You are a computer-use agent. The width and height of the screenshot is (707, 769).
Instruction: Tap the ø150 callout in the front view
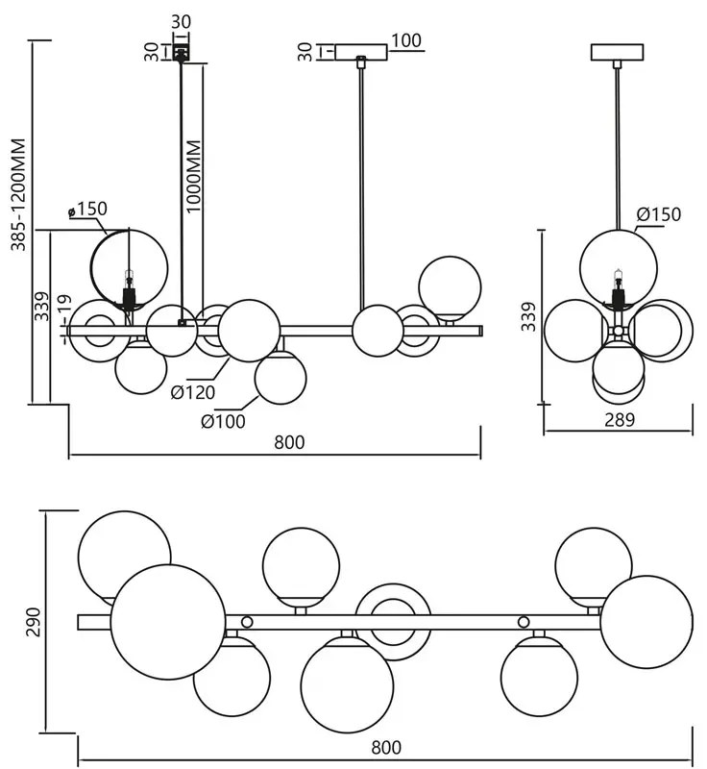88,209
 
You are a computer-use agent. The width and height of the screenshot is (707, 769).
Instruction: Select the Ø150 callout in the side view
658,213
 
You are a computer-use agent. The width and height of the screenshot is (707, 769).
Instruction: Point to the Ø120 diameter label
192,391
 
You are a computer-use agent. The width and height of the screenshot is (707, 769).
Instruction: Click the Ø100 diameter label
223,420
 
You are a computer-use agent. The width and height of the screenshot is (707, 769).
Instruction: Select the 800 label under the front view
289,442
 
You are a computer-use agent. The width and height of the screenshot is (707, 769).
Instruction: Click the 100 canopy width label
406,40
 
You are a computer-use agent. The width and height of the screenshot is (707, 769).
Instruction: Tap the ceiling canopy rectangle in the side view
618,52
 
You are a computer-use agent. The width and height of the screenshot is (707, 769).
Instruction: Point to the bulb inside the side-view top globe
618,281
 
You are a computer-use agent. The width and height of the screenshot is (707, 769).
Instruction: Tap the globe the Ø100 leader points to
281,380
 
